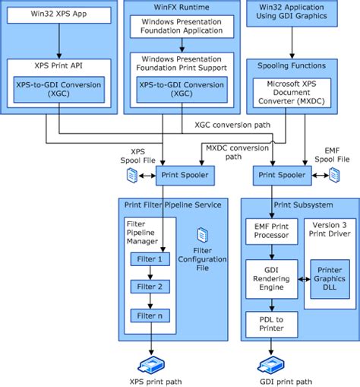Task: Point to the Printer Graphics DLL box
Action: [330, 278]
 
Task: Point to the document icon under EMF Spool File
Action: [333, 176]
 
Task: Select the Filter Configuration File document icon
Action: [202, 234]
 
